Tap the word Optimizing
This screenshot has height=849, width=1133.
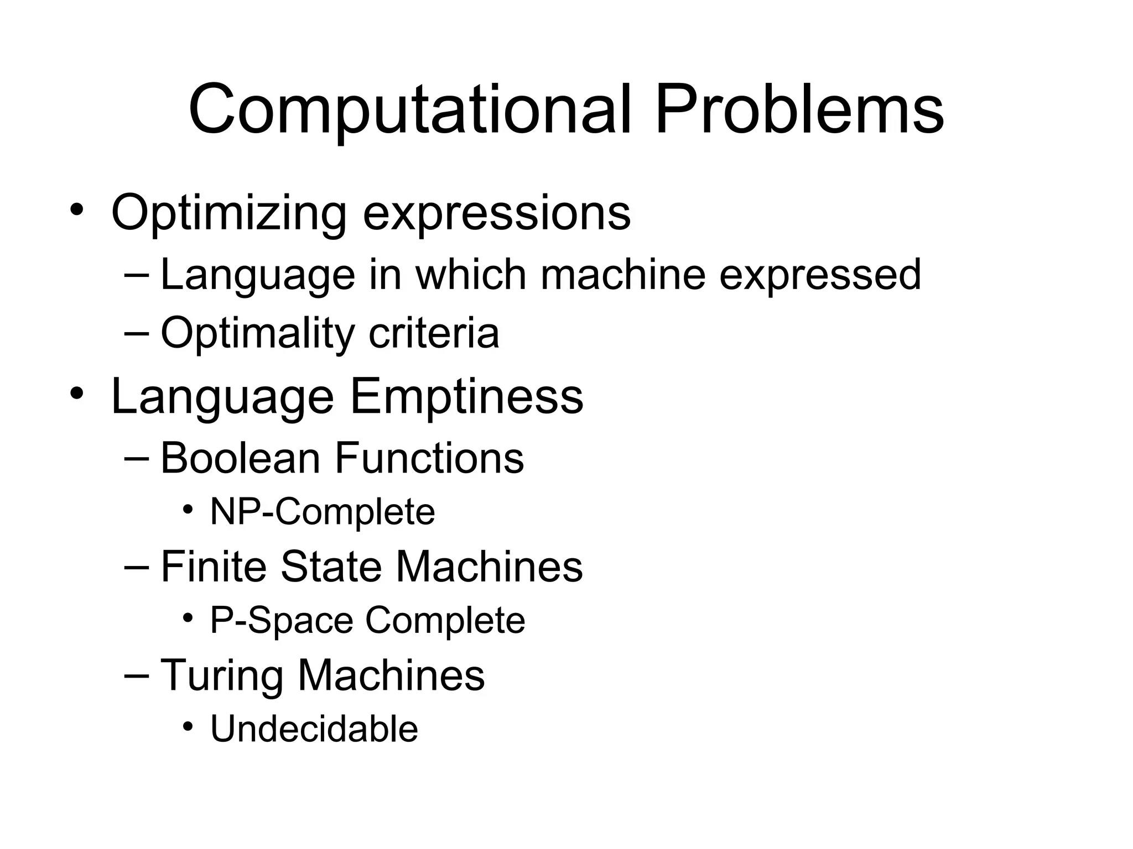pyautogui.click(x=228, y=213)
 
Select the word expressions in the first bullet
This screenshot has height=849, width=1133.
pyautogui.click(x=496, y=213)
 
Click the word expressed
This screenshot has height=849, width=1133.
pyautogui.click(x=820, y=275)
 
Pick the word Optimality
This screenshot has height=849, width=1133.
pyautogui.click(x=257, y=333)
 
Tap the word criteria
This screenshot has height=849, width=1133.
pyautogui.click(x=434, y=333)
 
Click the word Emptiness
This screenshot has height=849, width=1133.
pyautogui.click(x=466, y=396)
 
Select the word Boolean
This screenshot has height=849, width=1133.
pyautogui.click(x=240, y=458)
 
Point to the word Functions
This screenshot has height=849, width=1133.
pyautogui.click(x=429, y=458)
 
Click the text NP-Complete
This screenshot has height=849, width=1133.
pyautogui.click(x=323, y=512)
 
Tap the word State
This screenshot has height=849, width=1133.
pyautogui.click(x=331, y=567)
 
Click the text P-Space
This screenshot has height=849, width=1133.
pyautogui.click(x=281, y=621)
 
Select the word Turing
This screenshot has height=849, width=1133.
pyautogui.click(x=221, y=675)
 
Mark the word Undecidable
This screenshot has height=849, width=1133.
pyautogui.click(x=314, y=729)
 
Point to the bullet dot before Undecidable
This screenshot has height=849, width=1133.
pyautogui.click(x=189, y=726)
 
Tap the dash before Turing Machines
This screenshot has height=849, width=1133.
pyautogui.click(x=137, y=675)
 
